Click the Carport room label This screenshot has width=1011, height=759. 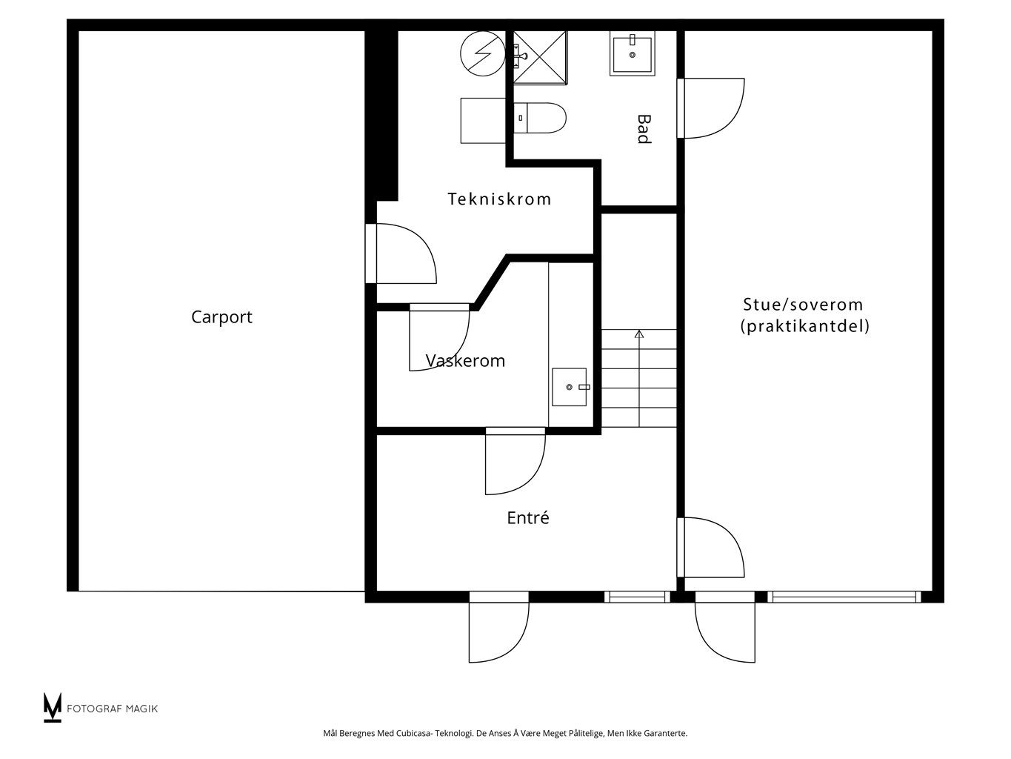221,317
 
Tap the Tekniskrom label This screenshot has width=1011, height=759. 499,199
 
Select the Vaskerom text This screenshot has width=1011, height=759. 465,361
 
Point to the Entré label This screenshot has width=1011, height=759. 527,518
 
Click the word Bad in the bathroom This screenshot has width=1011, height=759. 644,128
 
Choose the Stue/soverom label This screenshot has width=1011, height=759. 803,304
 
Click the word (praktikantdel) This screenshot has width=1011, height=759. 804,326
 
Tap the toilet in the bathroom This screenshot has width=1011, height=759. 540,117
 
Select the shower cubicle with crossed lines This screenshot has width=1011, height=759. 539,55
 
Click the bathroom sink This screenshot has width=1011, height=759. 632,53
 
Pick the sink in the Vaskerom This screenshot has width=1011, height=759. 569,387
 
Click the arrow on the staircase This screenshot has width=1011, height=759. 639,335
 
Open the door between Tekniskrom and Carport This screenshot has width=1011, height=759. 404,253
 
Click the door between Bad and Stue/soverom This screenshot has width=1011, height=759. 711,108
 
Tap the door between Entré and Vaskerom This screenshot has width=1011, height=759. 514,463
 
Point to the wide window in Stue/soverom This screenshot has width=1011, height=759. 844,597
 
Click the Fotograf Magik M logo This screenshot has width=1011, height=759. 53,707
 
